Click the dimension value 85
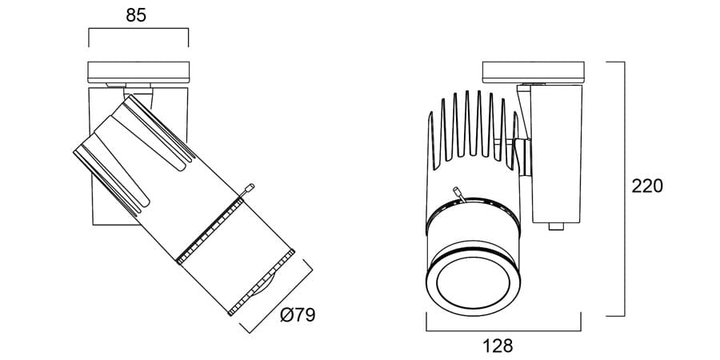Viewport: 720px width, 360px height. click(x=137, y=16)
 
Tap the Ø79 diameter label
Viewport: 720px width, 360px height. click(x=298, y=315)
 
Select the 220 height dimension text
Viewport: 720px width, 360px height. click(x=647, y=186)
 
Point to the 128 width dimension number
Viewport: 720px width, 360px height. click(x=498, y=346)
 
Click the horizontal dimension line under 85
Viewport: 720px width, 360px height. click(x=138, y=30)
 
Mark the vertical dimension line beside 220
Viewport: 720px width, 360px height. click(x=624, y=188)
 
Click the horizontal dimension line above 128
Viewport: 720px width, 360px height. click(x=502, y=330)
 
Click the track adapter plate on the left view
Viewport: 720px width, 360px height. click(x=138, y=72)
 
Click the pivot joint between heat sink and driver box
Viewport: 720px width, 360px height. click(x=522, y=156)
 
